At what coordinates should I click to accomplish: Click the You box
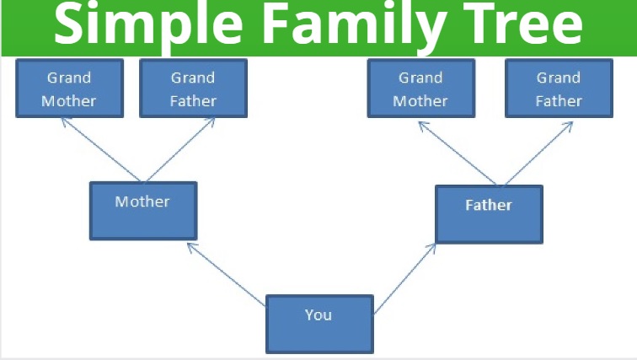coord(319,323)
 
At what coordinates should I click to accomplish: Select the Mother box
coord(143,210)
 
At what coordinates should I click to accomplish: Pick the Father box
coord(489,213)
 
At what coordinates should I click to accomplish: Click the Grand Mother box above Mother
coord(69,88)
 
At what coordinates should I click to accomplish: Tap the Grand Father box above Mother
coord(193,88)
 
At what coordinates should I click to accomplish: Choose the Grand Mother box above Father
coord(420,88)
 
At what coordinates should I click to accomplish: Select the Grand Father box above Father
coord(559,88)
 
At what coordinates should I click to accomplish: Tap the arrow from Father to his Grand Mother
coord(458,152)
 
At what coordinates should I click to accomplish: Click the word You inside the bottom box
coord(318,314)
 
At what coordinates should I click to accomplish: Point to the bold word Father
coord(489,205)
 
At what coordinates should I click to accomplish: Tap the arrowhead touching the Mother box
coord(190,246)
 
